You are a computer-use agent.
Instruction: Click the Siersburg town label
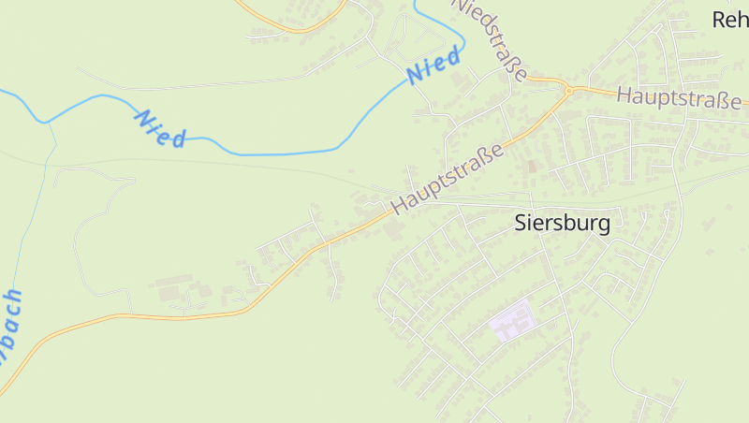point(563,223)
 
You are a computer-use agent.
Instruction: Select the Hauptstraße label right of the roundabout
point(679,96)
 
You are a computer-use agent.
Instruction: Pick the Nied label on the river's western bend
point(159,128)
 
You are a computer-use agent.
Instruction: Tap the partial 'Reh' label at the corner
point(730,19)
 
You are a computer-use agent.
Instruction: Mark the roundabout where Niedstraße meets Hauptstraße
point(567,89)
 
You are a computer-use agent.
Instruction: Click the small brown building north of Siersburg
point(533,166)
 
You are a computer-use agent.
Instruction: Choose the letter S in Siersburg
point(521,223)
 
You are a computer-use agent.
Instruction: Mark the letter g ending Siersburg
point(603,225)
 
